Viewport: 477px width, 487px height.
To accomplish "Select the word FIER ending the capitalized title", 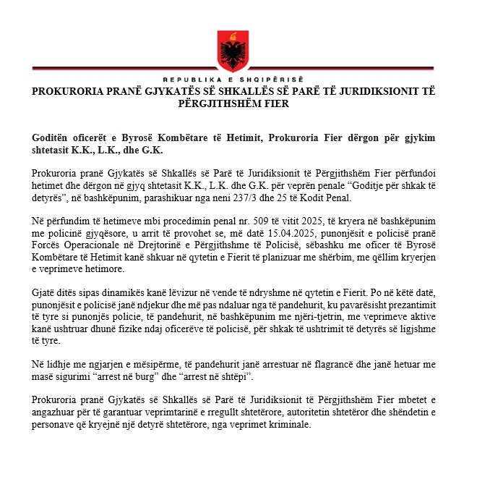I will [276, 103].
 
